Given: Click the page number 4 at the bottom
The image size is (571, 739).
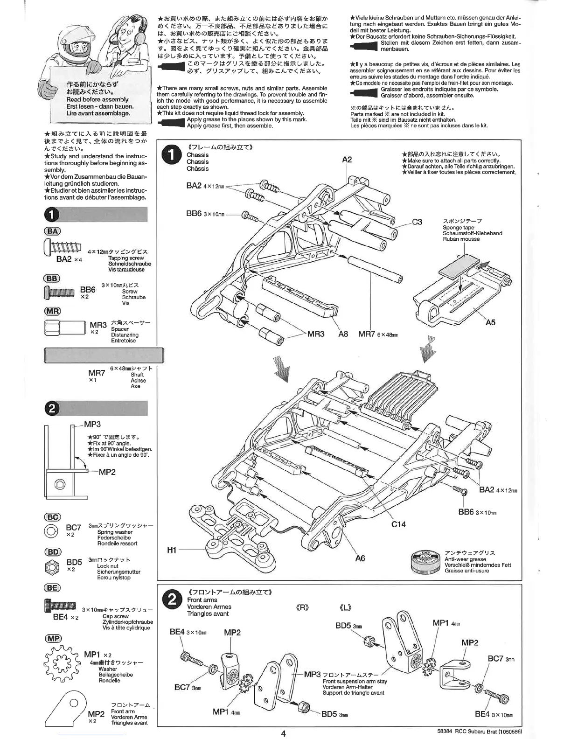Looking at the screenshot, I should click(283, 733).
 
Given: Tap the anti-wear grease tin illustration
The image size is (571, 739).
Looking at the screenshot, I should click(425, 562).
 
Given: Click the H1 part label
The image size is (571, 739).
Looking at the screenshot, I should click(172, 551).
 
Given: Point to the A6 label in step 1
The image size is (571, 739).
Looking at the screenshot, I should click(360, 558).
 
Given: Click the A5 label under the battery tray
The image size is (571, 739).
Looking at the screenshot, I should click(490, 322).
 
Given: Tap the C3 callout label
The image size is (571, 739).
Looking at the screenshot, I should click(417, 222).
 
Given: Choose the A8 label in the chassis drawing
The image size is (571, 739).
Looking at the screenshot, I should click(343, 334).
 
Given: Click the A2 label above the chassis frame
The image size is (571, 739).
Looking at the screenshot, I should click(347, 160).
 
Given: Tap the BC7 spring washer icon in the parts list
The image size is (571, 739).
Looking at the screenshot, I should click(51, 531).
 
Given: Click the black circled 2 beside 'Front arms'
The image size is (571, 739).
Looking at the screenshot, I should click(172, 600).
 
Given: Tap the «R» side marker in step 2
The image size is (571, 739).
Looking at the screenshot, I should click(303, 608).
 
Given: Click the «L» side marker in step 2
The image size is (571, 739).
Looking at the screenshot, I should click(345, 608).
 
